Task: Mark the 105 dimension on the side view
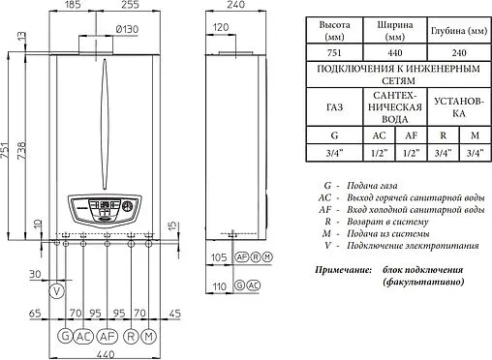218,257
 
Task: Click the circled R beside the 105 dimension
255,257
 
